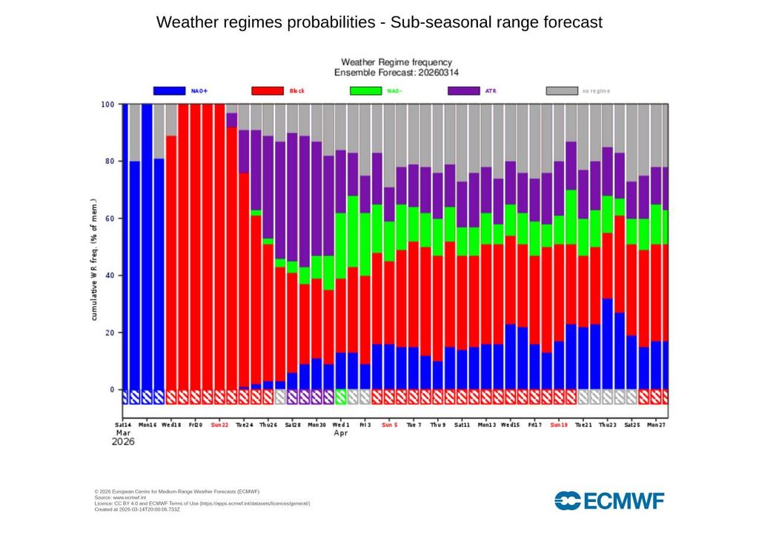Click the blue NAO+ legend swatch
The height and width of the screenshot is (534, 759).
[x=169, y=90]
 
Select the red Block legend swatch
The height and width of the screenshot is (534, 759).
[x=268, y=90]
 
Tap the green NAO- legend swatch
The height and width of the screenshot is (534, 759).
[x=365, y=90]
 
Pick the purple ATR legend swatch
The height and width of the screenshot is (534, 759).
[x=464, y=90]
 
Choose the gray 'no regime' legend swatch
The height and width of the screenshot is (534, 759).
[x=562, y=90]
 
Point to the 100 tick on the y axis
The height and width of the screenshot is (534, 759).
[x=107, y=105]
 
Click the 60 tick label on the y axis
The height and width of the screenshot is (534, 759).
[x=110, y=219]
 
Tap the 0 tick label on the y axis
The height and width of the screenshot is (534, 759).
[x=112, y=390]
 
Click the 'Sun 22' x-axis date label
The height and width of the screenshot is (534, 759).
[x=220, y=426]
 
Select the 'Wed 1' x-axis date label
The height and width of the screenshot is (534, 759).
[x=341, y=426]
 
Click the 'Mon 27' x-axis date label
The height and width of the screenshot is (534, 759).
[x=656, y=426]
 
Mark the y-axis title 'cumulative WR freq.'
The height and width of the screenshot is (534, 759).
[x=94, y=260]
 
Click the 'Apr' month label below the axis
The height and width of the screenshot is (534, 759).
[x=341, y=432]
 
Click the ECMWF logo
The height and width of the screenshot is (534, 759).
[x=609, y=501]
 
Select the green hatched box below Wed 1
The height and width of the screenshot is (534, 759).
[x=341, y=397]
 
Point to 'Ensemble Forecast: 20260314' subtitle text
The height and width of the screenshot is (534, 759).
[x=396, y=73]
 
